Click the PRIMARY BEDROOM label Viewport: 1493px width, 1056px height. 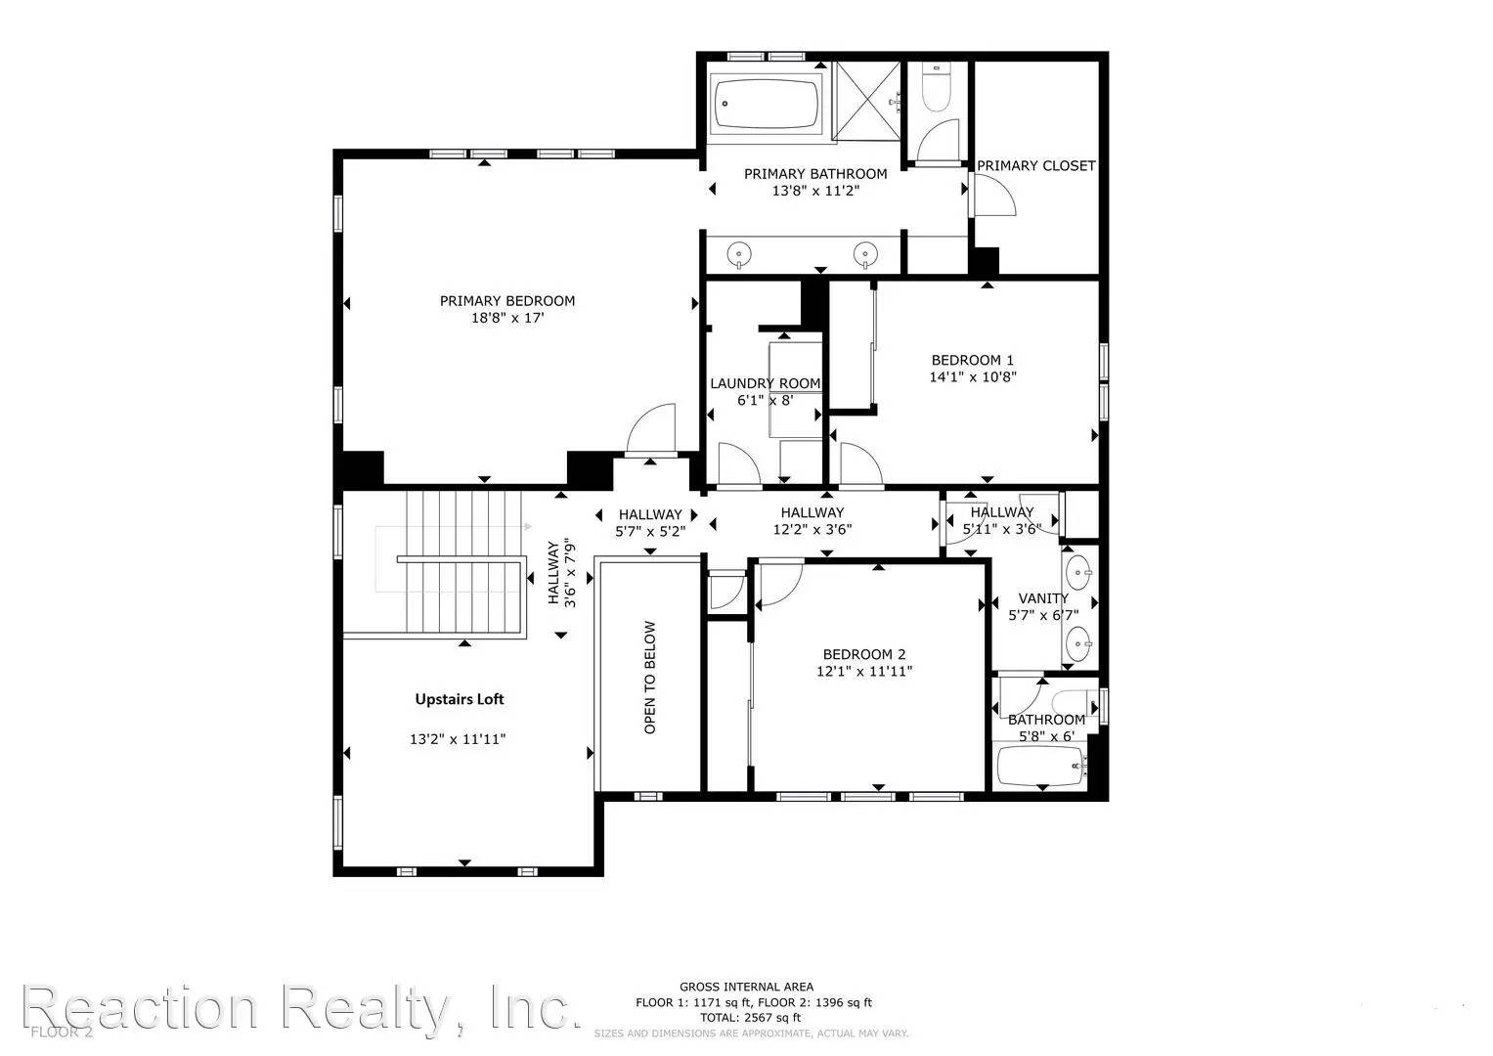(506, 301)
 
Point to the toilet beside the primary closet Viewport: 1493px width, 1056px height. (938, 90)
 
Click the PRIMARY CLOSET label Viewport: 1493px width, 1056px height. (1036, 166)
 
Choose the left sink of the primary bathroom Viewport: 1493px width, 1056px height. (741, 254)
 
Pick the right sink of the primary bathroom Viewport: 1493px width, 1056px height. (864, 254)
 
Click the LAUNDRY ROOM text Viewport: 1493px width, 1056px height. (765, 383)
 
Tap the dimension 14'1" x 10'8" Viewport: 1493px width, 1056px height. (973, 376)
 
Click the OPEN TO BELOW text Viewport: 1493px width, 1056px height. (650, 678)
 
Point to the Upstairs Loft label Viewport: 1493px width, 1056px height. (460, 699)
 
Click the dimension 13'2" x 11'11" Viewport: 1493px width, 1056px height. (458, 740)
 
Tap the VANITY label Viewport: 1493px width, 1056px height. (1043, 598)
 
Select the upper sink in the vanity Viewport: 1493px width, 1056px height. (1079, 570)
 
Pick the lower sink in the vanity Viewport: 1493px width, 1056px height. (1079, 641)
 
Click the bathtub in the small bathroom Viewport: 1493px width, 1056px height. (1040, 766)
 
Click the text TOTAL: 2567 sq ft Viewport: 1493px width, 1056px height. (752, 1018)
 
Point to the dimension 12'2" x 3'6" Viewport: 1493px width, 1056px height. (812, 530)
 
